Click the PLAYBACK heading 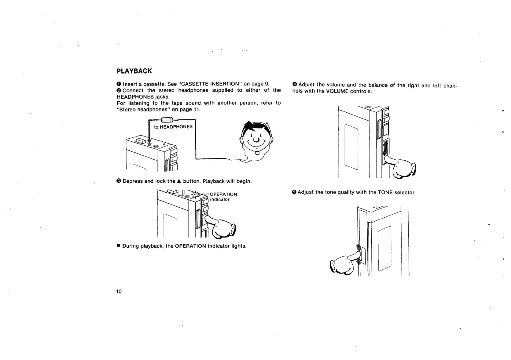coord(134,71)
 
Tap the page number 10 coord(119,292)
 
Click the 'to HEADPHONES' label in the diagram coord(173,127)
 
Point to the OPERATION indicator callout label coord(223,197)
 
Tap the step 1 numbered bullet coord(119,84)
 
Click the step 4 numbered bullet coord(295,84)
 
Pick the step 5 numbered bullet coord(294,192)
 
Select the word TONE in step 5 coord(385,192)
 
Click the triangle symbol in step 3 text coord(179,181)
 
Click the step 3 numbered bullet coord(119,181)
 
